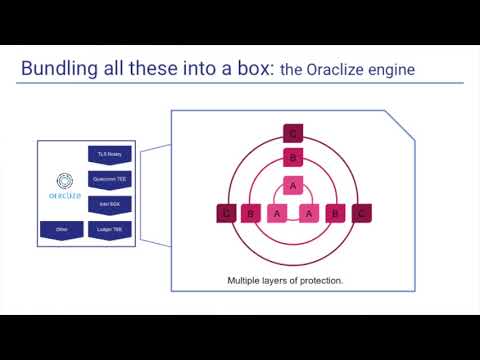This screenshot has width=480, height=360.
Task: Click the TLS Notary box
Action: click(x=107, y=154)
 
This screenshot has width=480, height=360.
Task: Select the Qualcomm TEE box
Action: click(x=107, y=179)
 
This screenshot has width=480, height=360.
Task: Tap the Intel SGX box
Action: click(x=107, y=204)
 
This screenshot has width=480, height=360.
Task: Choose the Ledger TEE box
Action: click(x=107, y=229)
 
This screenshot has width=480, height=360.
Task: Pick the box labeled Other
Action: click(x=61, y=229)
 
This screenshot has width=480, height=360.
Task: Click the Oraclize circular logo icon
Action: click(x=63, y=182)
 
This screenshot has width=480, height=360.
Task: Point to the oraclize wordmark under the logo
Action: click(x=63, y=197)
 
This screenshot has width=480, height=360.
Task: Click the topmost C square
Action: click(x=293, y=133)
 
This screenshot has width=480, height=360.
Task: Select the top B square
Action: click(x=293, y=157)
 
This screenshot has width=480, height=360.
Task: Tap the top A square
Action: click(x=293, y=185)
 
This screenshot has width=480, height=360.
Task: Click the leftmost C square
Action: click(x=226, y=213)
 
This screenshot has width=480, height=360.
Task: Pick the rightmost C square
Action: click(x=361, y=213)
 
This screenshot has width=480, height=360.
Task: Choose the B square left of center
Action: click(x=251, y=213)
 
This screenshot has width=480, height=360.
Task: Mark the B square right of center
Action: click(x=337, y=213)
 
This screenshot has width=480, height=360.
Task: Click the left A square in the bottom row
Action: click(x=277, y=213)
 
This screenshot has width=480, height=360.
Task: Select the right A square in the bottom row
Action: click(x=310, y=213)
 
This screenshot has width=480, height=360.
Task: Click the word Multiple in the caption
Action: click(x=246, y=281)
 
